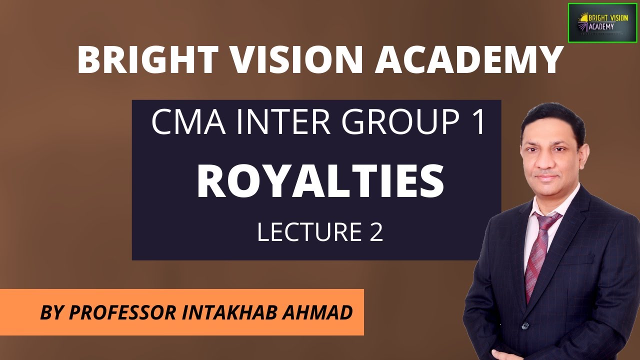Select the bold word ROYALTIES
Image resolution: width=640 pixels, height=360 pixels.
[x=320, y=182]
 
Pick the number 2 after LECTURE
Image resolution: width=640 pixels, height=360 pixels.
[x=376, y=232]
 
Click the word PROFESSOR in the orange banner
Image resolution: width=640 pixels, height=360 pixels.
[x=122, y=313]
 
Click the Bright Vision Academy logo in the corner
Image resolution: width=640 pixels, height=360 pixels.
[x=602, y=22]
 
